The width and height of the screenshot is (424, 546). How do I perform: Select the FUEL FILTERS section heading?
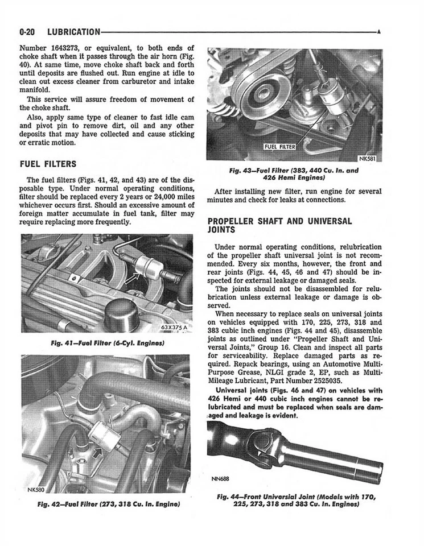[48, 164]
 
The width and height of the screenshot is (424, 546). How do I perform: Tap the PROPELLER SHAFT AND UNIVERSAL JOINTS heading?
[279, 226]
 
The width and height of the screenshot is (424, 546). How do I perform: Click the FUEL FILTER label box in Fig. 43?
[280, 147]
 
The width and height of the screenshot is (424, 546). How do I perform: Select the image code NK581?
[369, 159]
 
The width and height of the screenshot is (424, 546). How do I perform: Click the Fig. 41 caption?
[107, 344]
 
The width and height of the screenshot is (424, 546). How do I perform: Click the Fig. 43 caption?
[294, 173]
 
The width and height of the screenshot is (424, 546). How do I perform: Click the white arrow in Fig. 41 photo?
[133, 278]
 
